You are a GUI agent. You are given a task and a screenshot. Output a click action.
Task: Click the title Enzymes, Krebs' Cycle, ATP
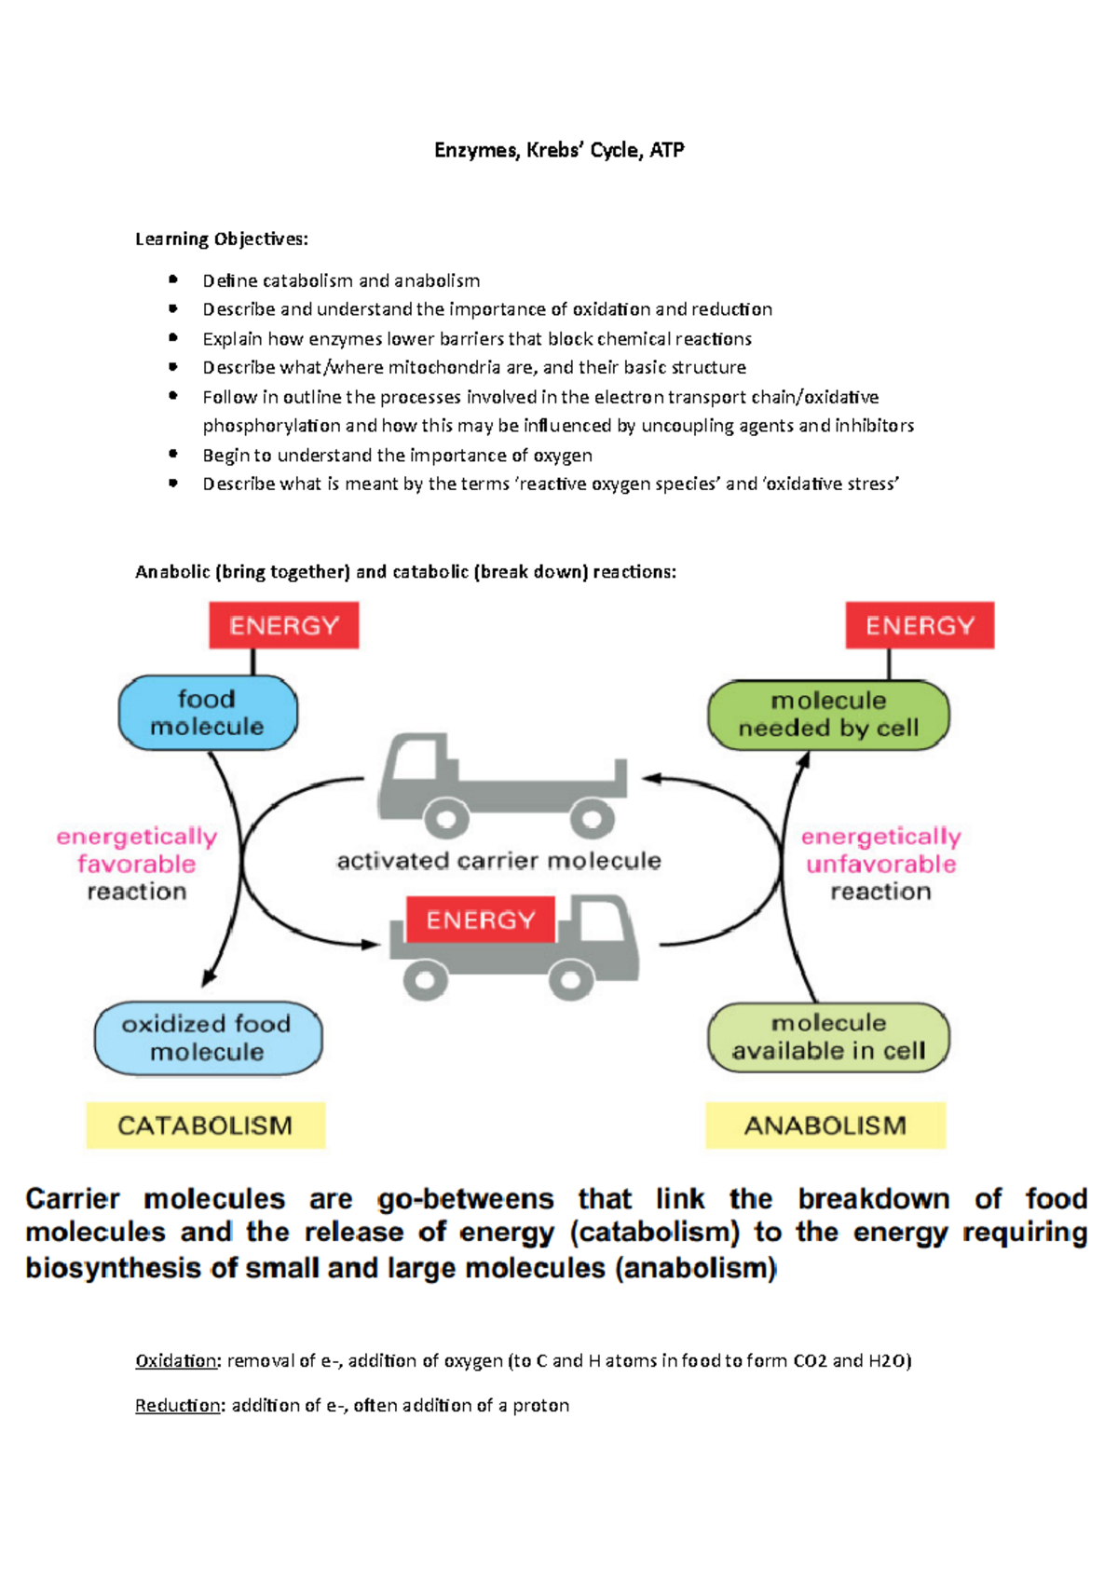point(559,150)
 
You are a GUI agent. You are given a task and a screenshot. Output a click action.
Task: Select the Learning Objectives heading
point(221,239)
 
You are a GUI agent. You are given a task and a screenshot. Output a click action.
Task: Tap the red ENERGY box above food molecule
point(284,625)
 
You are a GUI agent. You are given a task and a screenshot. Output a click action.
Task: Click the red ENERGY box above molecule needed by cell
point(920,625)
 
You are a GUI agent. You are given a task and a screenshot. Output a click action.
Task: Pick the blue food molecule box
point(208,713)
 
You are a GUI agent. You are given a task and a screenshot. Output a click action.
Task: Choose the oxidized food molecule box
point(208,1038)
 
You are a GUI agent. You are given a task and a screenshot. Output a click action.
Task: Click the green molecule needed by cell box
point(828,715)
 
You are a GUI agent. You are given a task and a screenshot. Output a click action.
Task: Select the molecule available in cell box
point(828,1037)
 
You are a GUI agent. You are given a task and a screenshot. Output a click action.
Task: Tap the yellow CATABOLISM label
point(205,1125)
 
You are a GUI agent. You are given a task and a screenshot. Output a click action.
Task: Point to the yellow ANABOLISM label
point(825,1125)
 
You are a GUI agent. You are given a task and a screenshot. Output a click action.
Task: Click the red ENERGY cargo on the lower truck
point(481,921)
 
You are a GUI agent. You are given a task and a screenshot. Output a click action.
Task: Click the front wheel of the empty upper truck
point(446,820)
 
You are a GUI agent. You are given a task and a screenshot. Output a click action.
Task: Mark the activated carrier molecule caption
point(499,861)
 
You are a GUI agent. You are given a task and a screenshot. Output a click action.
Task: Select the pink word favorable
point(137,864)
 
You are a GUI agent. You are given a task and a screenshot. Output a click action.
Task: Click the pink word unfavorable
point(880,864)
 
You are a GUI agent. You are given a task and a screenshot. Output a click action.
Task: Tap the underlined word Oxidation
point(176,1361)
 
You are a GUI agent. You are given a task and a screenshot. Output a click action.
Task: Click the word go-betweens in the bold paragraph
point(465,1199)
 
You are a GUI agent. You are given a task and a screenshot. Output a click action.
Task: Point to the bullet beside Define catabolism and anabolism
point(173,280)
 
